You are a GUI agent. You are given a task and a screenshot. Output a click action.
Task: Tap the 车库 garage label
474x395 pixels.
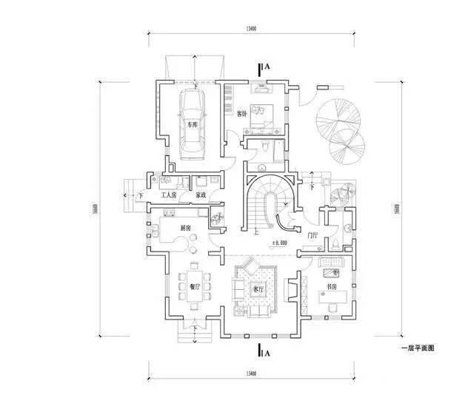192,125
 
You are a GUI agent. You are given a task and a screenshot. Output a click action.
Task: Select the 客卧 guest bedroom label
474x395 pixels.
241,114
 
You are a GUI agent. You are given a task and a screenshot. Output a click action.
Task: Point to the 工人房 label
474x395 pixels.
169,195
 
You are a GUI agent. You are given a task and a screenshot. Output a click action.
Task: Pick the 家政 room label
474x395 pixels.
200,195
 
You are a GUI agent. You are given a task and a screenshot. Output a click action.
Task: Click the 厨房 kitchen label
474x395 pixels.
186,229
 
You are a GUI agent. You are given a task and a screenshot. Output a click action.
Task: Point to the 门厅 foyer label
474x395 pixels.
313,234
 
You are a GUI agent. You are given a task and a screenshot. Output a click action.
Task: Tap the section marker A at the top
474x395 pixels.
267,67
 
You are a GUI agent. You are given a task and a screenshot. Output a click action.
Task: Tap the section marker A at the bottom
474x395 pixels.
267,353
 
